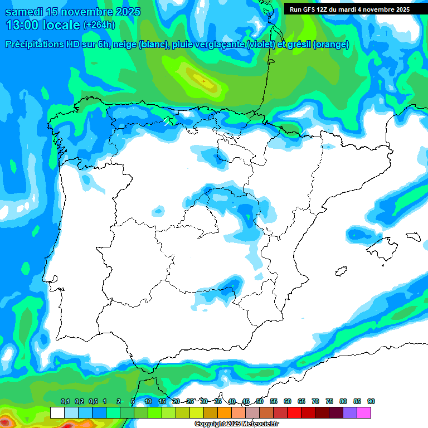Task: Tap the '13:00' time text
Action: click(22, 25)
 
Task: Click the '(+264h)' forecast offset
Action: click(99, 25)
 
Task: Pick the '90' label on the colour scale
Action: click(371, 401)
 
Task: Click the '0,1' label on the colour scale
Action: click(65, 401)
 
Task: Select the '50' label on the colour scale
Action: click(260, 401)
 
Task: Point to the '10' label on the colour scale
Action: click(148, 401)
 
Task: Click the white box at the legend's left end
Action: click(57, 412)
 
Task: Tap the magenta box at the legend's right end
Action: click(364, 412)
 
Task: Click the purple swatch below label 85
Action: click(350, 412)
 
